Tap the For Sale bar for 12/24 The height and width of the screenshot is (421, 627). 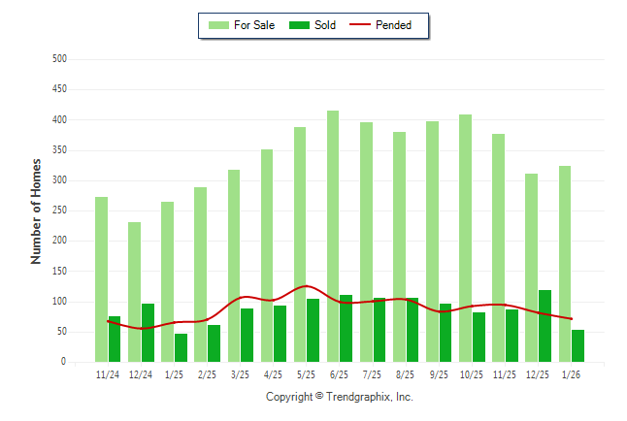tap(134, 292)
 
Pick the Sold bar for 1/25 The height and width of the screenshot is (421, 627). tap(181, 348)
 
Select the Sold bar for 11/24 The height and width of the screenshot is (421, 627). tap(115, 340)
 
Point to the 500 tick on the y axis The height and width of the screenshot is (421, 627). tap(59, 59)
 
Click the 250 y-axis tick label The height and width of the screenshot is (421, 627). tap(59, 210)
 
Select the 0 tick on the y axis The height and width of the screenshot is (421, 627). tap(63, 362)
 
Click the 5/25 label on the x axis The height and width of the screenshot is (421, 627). tap(306, 374)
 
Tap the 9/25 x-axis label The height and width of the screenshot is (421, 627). tap(439, 374)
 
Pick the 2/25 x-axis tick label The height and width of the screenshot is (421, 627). tap(207, 374)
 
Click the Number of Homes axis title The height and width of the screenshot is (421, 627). tap(36, 210)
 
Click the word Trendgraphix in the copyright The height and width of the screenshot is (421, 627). tap(360, 397)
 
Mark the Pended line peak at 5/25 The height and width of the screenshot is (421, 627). tap(307, 286)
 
